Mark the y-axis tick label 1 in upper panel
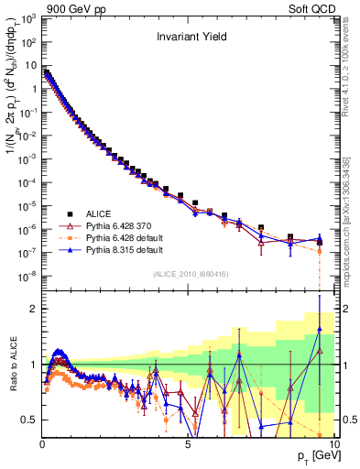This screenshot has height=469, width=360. [x=34, y=88]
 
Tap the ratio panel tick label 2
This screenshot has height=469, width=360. [x=33, y=309]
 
